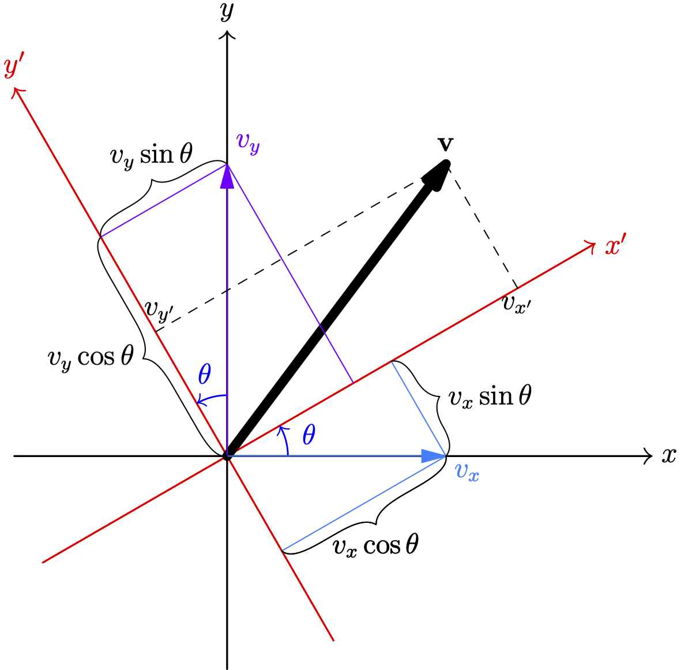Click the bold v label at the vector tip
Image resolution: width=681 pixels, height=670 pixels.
445,144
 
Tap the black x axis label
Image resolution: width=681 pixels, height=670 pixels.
668,455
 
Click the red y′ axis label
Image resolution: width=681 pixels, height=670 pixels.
13,68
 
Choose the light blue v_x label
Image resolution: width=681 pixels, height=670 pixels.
467,471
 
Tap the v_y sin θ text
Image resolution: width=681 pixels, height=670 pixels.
151,155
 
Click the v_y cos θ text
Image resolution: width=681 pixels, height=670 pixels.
91,357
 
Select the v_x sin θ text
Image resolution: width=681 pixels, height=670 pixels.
490,397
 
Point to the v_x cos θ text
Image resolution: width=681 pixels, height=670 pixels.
375,545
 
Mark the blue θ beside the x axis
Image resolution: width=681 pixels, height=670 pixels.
309,435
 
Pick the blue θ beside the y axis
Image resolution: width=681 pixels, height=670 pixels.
205,375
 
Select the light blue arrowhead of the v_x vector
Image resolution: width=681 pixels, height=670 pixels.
433,456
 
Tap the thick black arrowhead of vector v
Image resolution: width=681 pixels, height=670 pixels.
437,175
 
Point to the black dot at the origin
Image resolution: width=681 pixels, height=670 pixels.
227,456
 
